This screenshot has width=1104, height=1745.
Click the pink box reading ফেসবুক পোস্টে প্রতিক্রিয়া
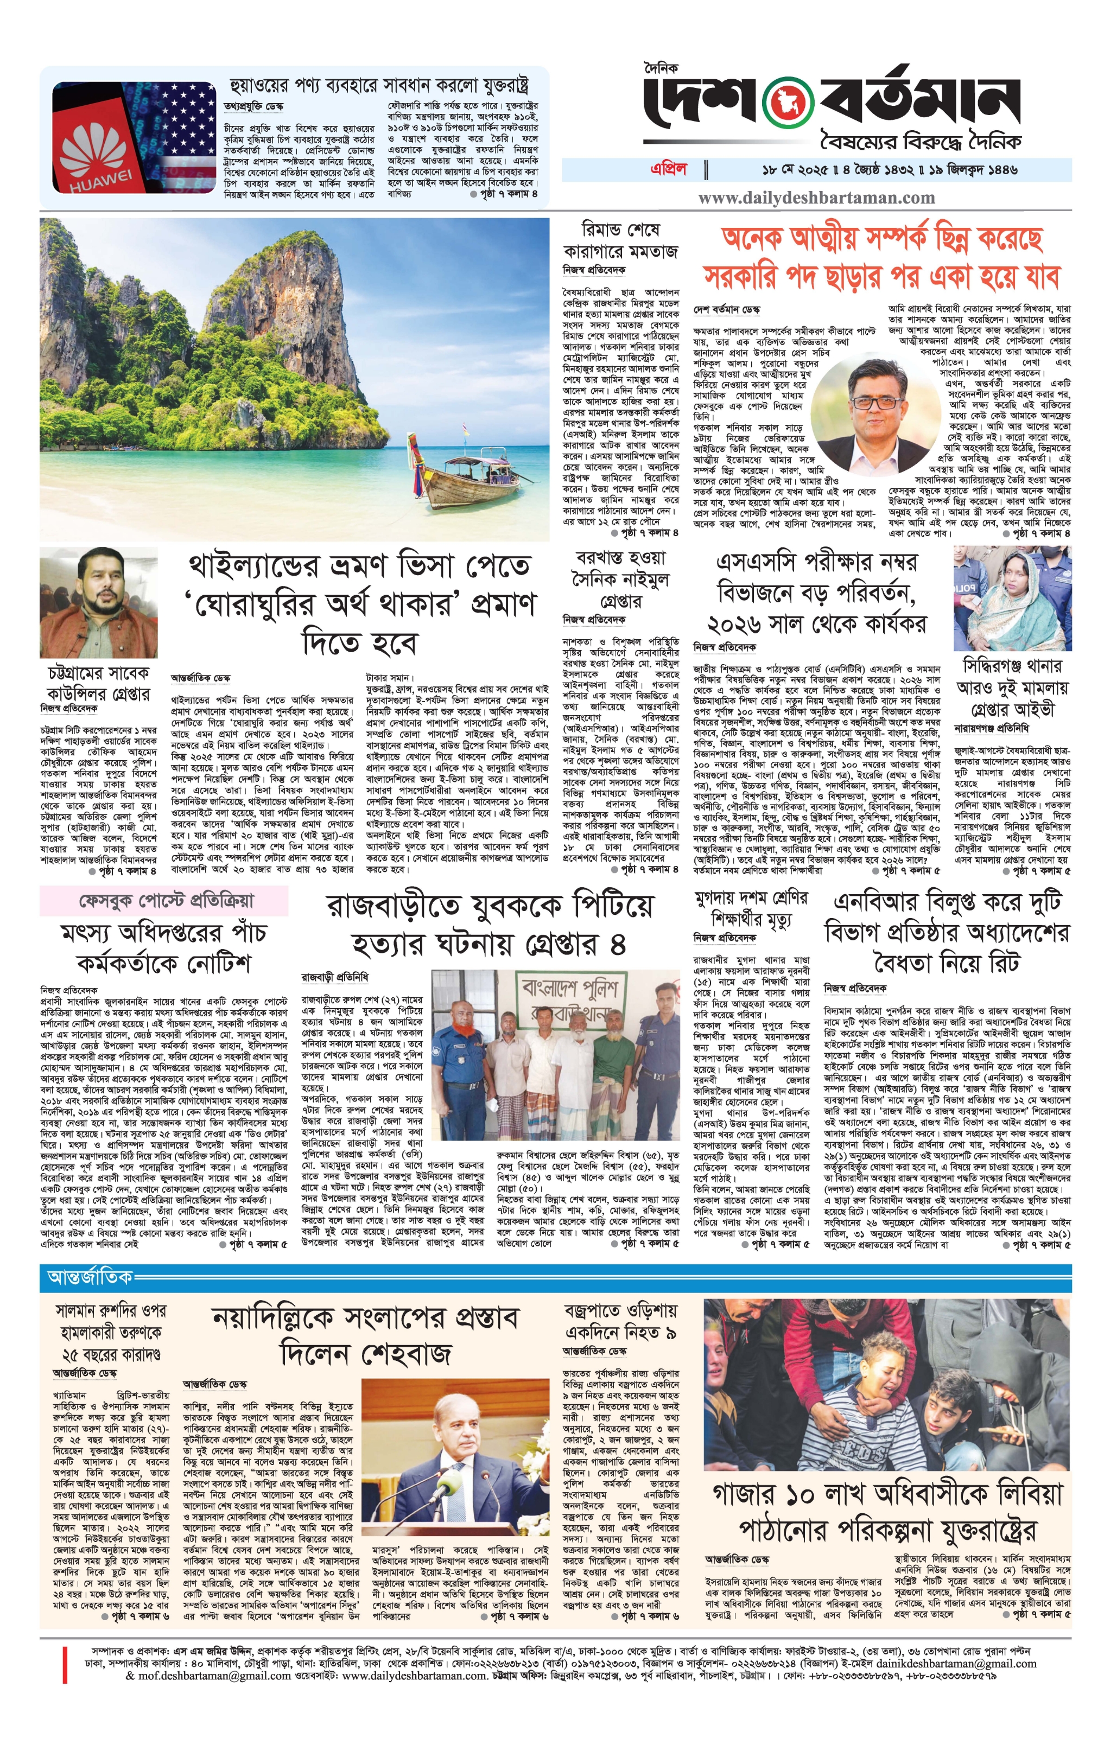click(164, 901)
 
